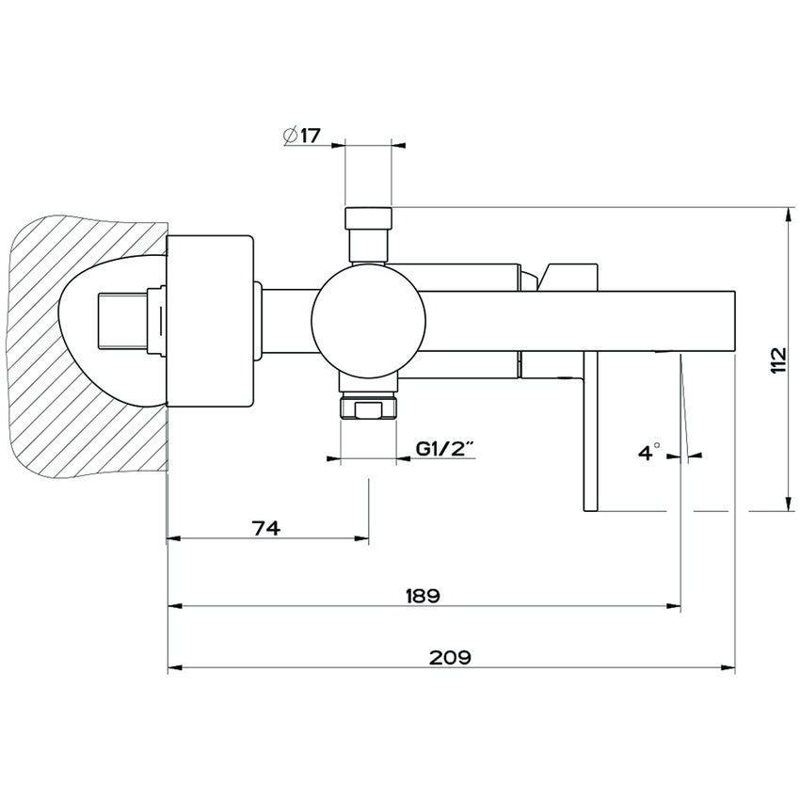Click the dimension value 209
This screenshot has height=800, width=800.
[x=450, y=656]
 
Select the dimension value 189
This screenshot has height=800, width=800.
[x=423, y=595]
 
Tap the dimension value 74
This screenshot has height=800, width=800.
[x=266, y=528]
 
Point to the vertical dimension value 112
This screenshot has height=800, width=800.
[x=777, y=360]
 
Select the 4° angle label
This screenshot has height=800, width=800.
[x=649, y=454]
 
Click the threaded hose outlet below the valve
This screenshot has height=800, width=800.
[x=368, y=407]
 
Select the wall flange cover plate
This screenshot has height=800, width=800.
[x=210, y=320]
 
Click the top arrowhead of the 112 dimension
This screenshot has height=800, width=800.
[x=787, y=212]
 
